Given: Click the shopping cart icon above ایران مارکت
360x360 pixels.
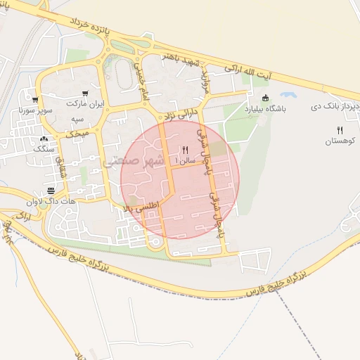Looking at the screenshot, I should click(85, 93).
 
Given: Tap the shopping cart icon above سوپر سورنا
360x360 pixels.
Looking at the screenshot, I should click(35, 101).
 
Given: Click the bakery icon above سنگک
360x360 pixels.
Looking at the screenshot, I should click(44, 139).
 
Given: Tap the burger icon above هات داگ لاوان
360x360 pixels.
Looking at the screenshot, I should click(51, 191).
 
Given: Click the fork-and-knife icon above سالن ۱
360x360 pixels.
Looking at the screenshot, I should click(185, 150).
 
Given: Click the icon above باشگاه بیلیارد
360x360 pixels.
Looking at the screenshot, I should click(265, 98).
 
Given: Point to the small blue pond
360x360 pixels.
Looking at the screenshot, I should click(288, 94).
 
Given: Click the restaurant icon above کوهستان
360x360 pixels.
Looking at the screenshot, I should click(340, 130).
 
